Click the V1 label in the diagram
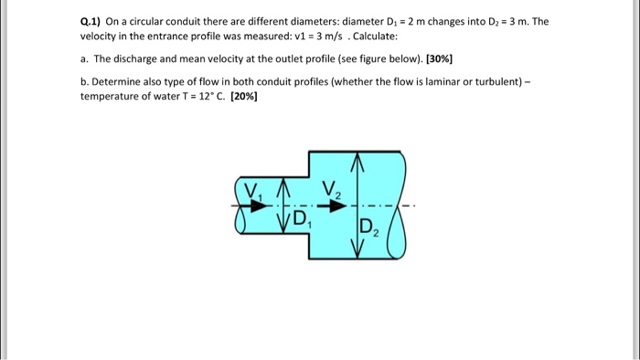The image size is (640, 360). (253, 192)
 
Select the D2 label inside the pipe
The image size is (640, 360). (368, 228)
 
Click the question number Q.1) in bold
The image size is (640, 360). (93, 20)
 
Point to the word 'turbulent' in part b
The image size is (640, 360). (495, 81)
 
